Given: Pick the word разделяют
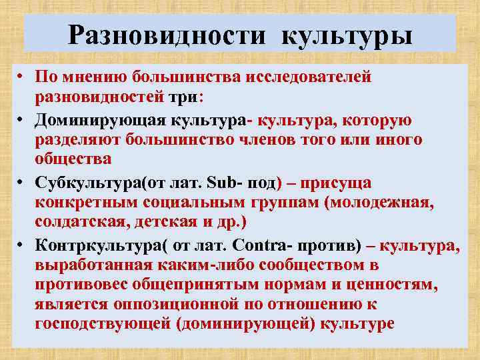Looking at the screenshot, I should pyautogui.click(x=76, y=140).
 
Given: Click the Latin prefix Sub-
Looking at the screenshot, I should pyautogui.click(x=223, y=183).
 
